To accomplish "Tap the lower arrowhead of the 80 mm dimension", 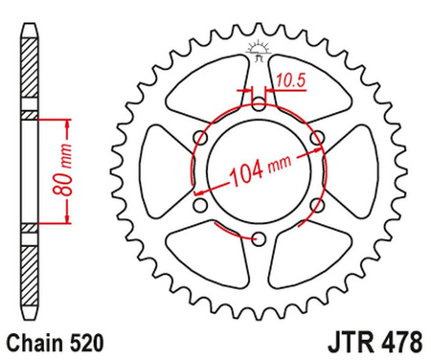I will tap(67, 222).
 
